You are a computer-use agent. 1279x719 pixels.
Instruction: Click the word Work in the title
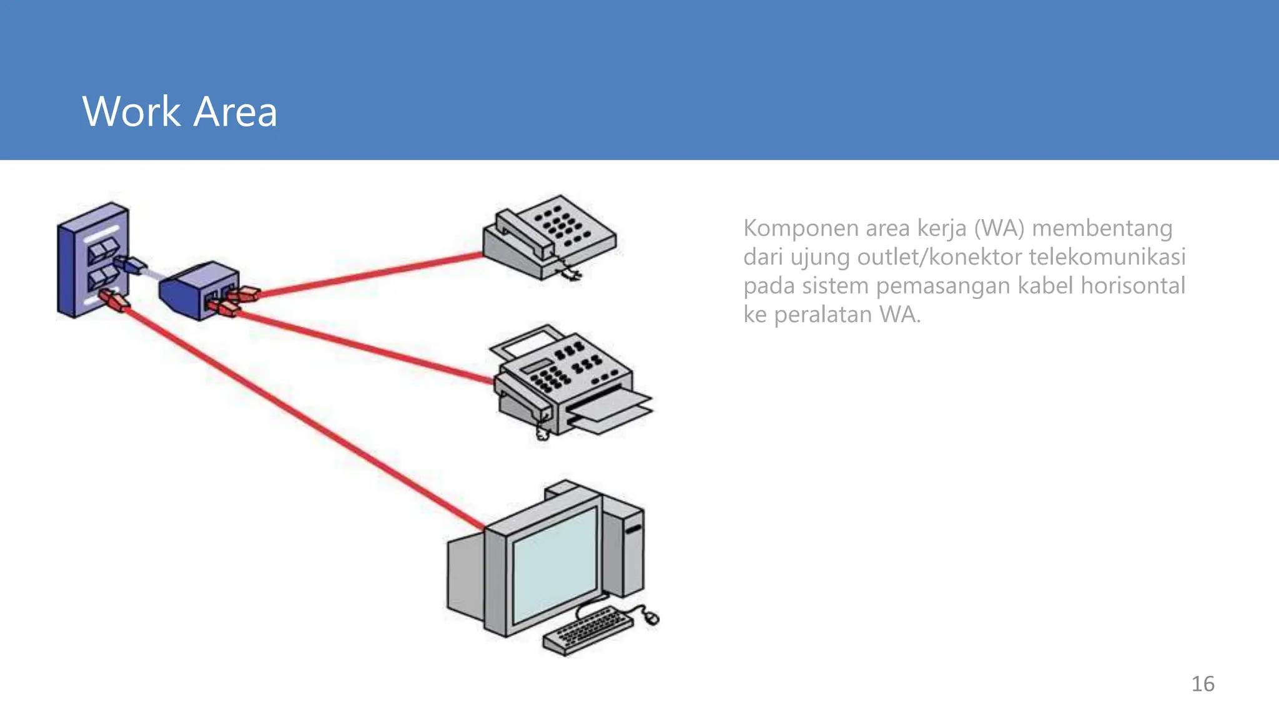(131, 112)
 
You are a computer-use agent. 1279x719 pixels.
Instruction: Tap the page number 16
(1202, 684)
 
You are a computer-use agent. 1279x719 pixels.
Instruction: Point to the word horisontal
(1132, 286)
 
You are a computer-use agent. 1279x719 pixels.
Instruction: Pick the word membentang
(1102, 228)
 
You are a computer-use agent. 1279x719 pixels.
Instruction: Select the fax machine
(562, 381)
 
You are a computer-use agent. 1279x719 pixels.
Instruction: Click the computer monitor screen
(553, 565)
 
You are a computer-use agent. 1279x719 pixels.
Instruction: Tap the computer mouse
(651, 618)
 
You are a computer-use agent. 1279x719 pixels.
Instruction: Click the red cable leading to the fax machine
(362, 345)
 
